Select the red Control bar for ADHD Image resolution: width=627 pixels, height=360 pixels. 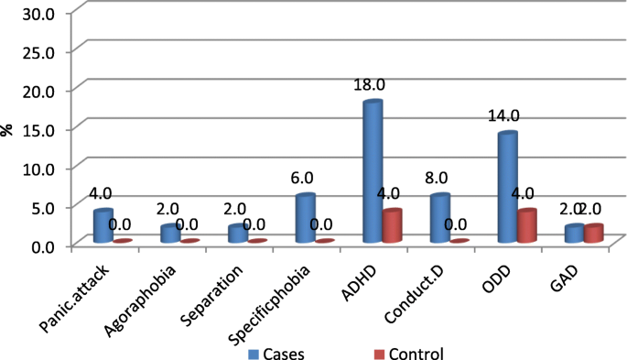coord(392,226)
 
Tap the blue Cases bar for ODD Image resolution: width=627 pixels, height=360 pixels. coord(507,188)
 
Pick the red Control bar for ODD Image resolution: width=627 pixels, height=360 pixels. coord(527,226)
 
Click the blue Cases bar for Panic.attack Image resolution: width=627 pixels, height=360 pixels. coord(103,226)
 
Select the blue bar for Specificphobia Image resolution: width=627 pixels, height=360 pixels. coord(305,219)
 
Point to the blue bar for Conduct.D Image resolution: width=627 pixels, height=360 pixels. coord(439,219)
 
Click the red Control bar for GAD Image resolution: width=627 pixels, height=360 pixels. coord(594,234)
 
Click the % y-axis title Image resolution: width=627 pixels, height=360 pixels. coord(8,129)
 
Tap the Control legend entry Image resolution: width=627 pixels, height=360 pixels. coord(408,353)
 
